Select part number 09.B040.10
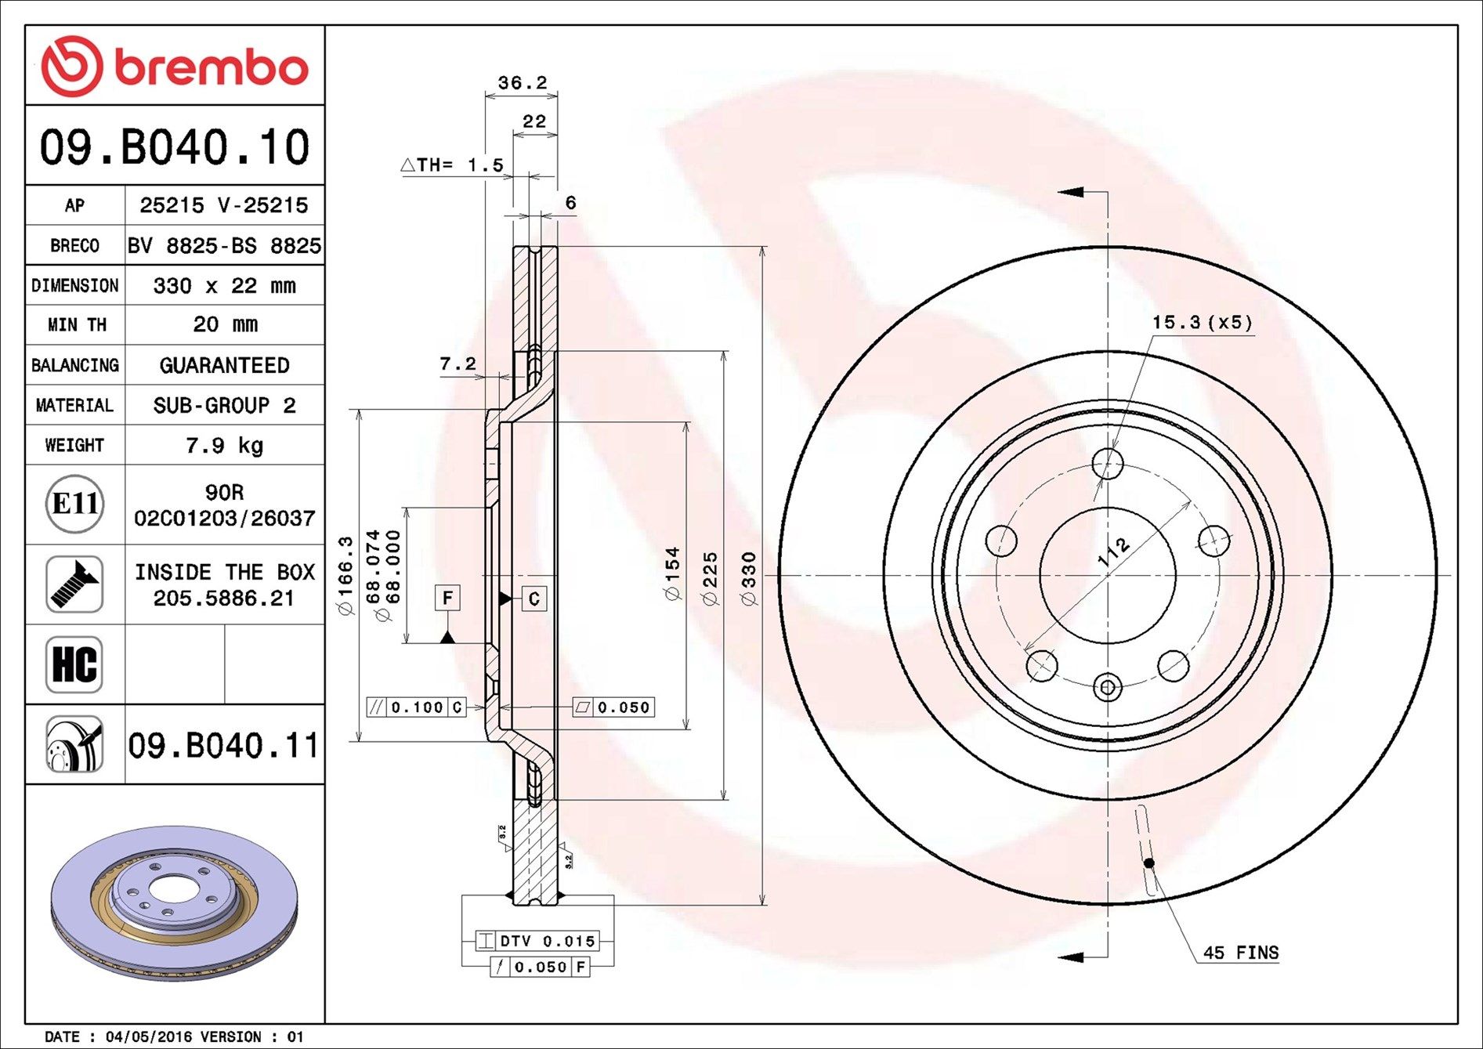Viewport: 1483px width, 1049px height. coord(175,147)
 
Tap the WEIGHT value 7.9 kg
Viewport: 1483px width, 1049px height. coord(224,446)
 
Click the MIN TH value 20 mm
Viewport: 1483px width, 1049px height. coord(224,324)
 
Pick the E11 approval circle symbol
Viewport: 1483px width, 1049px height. coord(74,504)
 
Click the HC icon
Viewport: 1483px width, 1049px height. coord(74,664)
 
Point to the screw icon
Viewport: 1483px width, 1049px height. coord(74,584)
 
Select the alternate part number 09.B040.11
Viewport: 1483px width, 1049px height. coord(224,745)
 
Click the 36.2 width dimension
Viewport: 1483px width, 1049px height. coord(522,82)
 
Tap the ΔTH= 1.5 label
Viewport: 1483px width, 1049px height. coord(452,165)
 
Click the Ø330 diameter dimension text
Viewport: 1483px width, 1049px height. coord(749,578)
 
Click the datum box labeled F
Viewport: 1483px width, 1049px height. coord(447,598)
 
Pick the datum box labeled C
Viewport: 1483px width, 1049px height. coord(534,599)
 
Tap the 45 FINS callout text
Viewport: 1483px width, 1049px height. coord(1240,953)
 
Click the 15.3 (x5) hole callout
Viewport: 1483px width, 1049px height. coord(1202,322)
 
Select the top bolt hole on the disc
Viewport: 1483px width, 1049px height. coord(1107,464)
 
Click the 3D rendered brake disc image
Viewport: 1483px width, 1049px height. coord(174,903)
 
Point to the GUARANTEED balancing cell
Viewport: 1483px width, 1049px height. coord(224,365)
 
